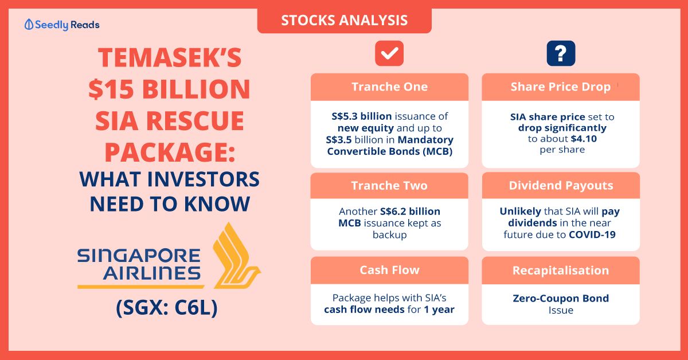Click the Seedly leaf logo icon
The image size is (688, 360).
(29, 25)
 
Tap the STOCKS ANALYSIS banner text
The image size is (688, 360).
(345, 20)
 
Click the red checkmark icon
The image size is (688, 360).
(389, 53)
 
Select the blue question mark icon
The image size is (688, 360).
(561, 53)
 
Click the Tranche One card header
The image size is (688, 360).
(389, 87)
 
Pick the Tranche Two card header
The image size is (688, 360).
(389, 186)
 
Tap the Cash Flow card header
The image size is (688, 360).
(389, 271)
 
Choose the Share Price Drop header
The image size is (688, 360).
(561, 87)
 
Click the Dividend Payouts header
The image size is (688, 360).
(561, 186)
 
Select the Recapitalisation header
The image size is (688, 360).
(561, 271)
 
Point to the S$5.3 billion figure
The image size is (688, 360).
(362, 116)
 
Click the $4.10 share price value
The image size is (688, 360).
(584, 139)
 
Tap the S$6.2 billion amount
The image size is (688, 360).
(410, 212)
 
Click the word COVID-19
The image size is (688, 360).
(592, 234)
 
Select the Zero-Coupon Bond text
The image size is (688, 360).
(561, 298)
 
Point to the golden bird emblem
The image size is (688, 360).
(236, 256)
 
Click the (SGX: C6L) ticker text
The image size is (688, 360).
(167, 308)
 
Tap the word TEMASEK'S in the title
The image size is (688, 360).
(170, 58)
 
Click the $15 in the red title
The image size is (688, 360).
(111, 89)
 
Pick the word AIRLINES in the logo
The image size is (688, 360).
(152, 273)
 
